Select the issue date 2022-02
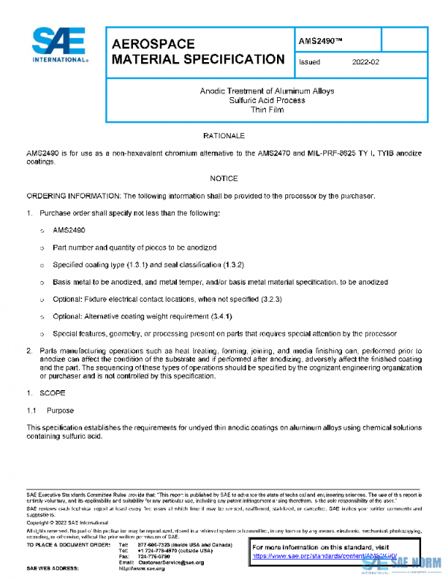point(366,63)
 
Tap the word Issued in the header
point(309,63)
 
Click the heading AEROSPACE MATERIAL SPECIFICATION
point(197,52)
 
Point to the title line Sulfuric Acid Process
point(267,100)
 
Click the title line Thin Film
point(267,109)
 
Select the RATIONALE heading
point(223,135)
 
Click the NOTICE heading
point(223,179)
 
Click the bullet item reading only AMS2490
point(69,230)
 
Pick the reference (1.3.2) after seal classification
point(243,265)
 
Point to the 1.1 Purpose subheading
point(50,410)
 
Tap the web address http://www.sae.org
point(142,569)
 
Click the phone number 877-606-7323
point(154,545)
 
